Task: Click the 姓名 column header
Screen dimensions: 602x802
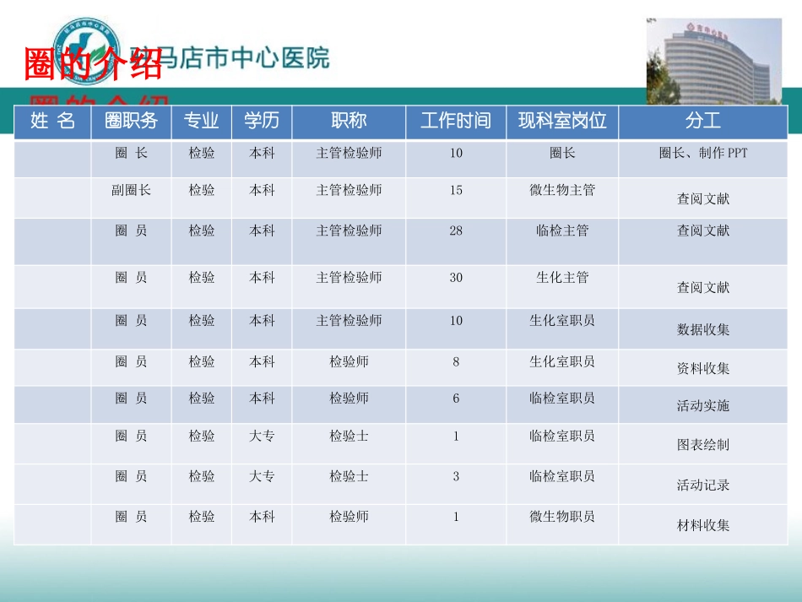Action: [x=52, y=121]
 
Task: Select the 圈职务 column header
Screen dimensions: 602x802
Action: [x=131, y=121]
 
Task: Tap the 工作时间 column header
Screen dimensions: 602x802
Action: [x=456, y=121]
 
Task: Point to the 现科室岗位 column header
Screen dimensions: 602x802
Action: [x=562, y=121]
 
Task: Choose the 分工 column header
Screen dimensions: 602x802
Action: [x=702, y=121]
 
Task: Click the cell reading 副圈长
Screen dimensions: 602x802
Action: [x=131, y=190]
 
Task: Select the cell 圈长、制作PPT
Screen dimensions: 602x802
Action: [x=702, y=154]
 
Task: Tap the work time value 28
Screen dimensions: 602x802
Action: [x=456, y=230]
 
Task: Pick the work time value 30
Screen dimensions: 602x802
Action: [x=456, y=277]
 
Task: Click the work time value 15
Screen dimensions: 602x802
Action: [x=456, y=190]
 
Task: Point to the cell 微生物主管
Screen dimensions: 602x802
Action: [x=562, y=190]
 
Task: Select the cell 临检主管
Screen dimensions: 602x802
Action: [x=562, y=230]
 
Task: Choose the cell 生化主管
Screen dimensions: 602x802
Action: [x=562, y=277]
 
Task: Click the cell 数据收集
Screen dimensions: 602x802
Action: [x=702, y=329]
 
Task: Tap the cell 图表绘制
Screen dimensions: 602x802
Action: [x=702, y=444]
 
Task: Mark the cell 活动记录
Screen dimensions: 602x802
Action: [x=702, y=485]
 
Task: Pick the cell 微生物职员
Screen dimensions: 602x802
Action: [x=562, y=516]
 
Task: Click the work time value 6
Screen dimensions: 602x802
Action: [x=456, y=398]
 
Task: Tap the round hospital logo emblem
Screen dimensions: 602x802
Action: [x=87, y=52]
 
